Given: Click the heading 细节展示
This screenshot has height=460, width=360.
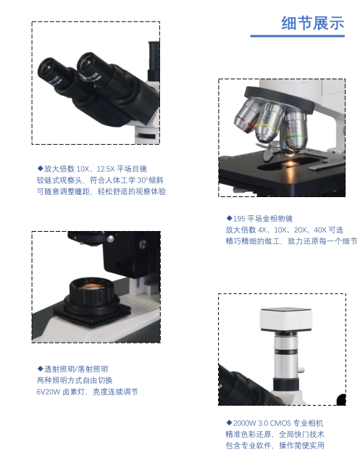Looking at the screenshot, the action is click(x=313, y=23).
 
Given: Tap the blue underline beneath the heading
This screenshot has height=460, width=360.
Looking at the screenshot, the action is click(x=297, y=36).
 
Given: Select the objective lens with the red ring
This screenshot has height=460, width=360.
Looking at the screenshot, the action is click(x=246, y=117).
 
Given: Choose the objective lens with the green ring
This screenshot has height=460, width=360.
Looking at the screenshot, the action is click(x=295, y=132).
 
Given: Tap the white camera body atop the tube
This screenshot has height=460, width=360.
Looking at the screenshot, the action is click(x=285, y=319).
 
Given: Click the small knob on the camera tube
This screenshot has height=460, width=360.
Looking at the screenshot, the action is click(x=301, y=369).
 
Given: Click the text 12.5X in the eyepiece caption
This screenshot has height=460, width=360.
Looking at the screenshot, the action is click(x=105, y=169).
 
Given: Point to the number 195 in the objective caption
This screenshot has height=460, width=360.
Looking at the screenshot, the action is click(x=239, y=219).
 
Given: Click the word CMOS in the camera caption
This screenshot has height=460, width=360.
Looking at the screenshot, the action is click(x=280, y=423).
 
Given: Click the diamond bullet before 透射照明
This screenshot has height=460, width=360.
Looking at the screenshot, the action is click(x=40, y=369).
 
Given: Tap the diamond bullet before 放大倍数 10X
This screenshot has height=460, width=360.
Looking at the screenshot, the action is click(x=40, y=168).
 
